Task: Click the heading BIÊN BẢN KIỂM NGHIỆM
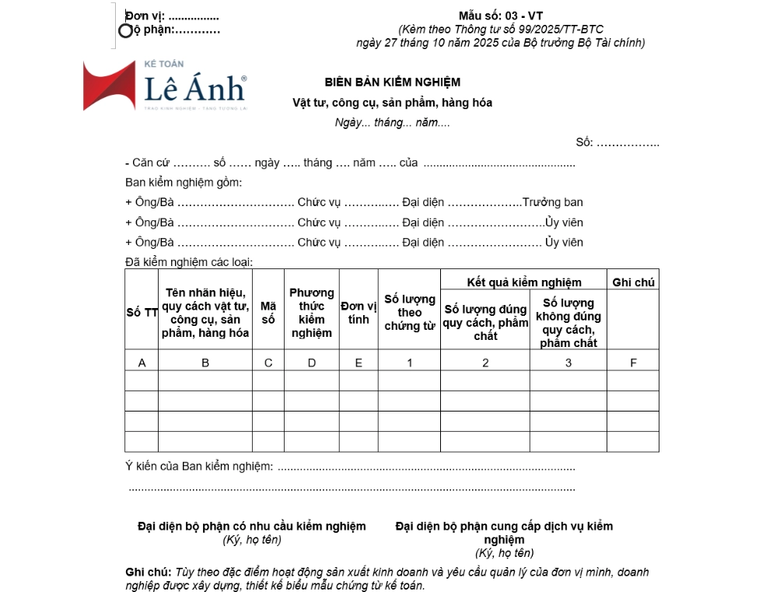click(392, 82)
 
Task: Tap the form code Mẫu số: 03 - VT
click(501, 16)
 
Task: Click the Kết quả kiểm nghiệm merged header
click(523, 282)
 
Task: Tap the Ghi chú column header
click(633, 282)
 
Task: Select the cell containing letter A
click(142, 363)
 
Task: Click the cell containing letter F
click(633, 363)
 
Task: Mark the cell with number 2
click(485, 363)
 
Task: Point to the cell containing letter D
click(311, 363)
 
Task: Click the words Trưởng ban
click(553, 202)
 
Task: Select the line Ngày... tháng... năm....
click(392, 122)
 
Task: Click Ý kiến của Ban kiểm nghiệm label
click(199, 467)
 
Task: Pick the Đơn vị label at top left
click(145, 16)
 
